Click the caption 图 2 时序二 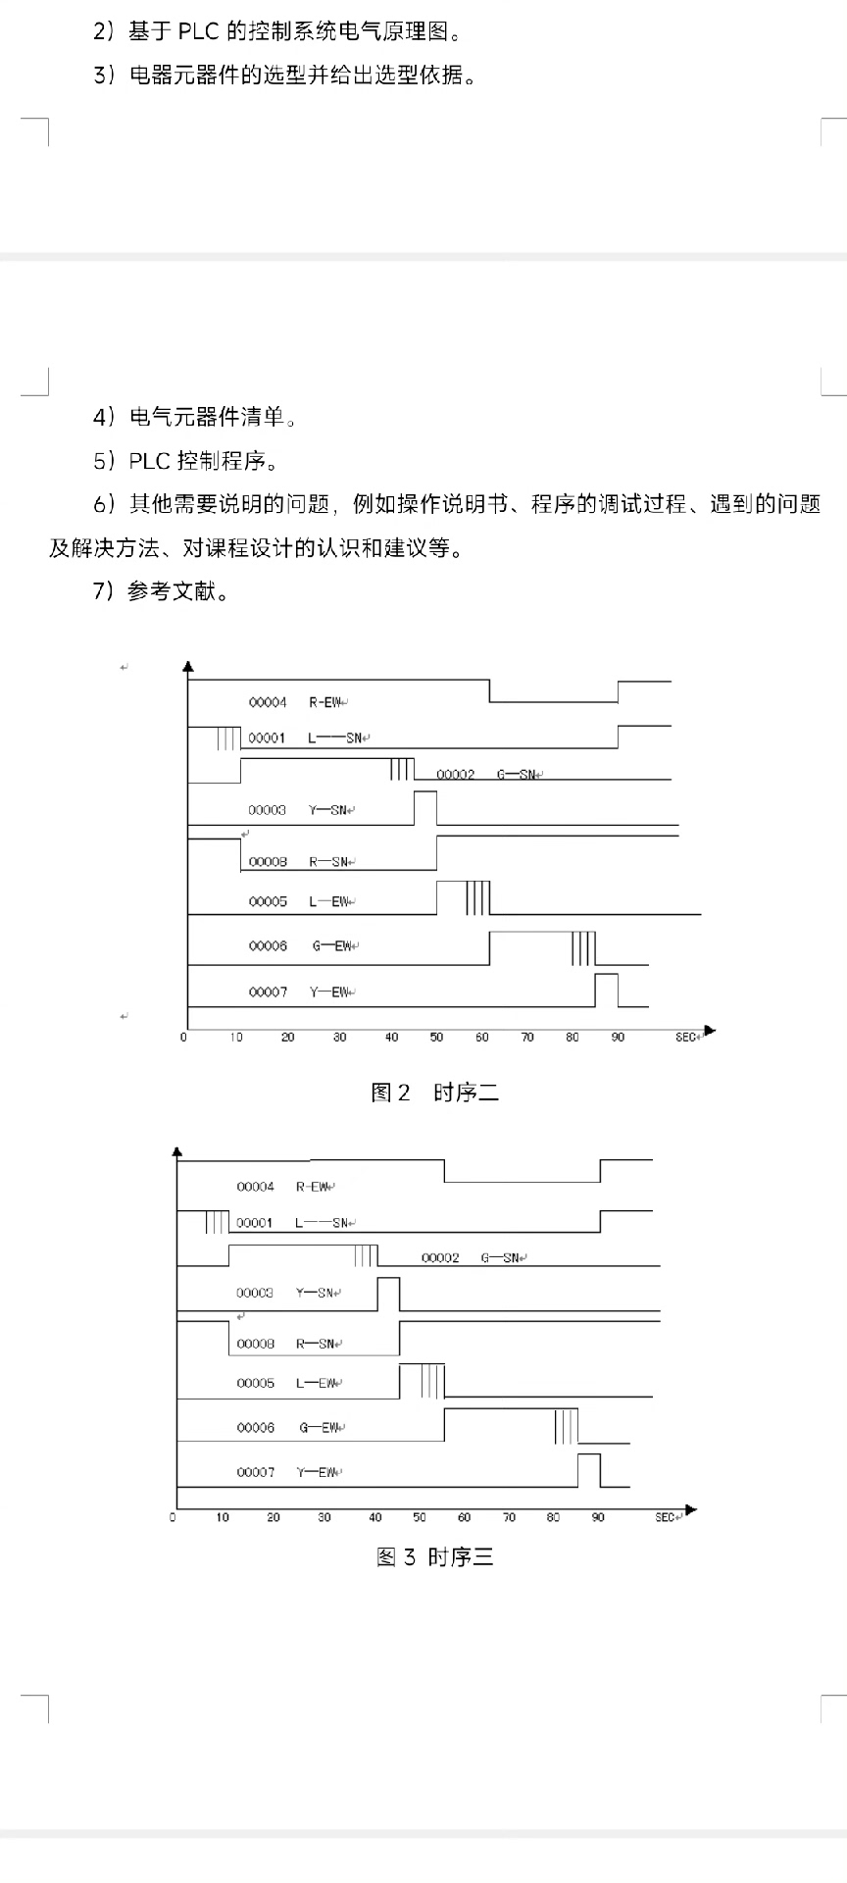435,1093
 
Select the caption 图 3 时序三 435,1556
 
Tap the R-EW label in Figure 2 325,702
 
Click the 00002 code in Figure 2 455,775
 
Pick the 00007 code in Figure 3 255,1472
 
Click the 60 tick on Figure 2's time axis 482,1038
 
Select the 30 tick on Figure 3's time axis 324,1517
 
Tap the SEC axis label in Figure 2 685,1038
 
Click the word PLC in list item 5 149,461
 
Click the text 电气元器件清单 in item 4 207,418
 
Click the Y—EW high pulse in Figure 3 588,1470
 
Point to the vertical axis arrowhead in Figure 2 187,668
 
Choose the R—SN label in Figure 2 328,862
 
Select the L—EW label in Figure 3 316,1383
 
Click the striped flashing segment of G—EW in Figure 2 583,948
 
